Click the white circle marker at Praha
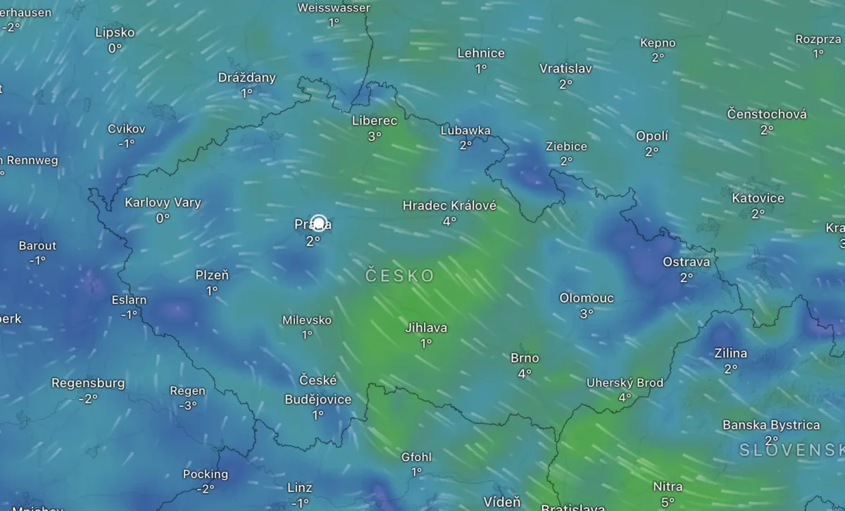[x=318, y=224]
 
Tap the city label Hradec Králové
[x=449, y=206]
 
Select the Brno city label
[x=525, y=358]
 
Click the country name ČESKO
[x=400, y=275]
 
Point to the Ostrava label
[x=686, y=262]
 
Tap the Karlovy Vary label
[x=163, y=203]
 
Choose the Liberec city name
[x=374, y=120]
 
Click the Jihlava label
[x=426, y=327]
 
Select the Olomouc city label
[x=587, y=298]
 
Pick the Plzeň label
[x=212, y=275]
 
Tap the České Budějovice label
[x=318, y=389]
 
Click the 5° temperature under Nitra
[x=668, y=502]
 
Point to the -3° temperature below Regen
[x=187, y=406]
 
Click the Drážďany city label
[x=246, y=77]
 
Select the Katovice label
[x=758, y=198]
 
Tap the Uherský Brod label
[x=625, y=383]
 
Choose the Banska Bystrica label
[x=771, y=425]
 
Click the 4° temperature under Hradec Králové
[x=449, y=221]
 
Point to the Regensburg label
[x=88, y=384]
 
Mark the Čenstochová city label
[x=767, y=114]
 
